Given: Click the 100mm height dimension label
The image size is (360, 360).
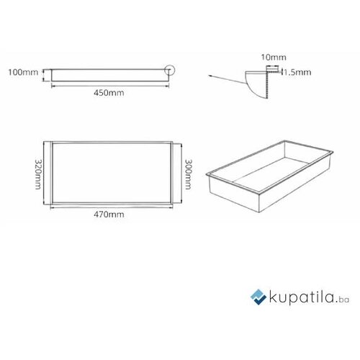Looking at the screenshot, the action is tap(23, 72).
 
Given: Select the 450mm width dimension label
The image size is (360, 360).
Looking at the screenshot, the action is tap(109, 93).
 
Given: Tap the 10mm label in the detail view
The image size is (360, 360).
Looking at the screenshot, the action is tap(274, 57).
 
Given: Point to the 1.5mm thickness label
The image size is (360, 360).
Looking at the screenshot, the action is tap(297, 72).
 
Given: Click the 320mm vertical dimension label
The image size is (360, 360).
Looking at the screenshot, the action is tap(38, 174).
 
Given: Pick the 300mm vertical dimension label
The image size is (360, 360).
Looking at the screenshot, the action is tap(188, 174).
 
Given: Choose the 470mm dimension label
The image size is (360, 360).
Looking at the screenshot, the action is tap(109, 214).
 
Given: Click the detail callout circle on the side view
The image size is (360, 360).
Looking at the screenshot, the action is tap(170, 70).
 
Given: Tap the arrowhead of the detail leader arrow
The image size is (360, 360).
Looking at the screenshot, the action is tap(210, 76).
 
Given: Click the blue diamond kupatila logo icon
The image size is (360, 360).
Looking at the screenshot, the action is tap(258, 297).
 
